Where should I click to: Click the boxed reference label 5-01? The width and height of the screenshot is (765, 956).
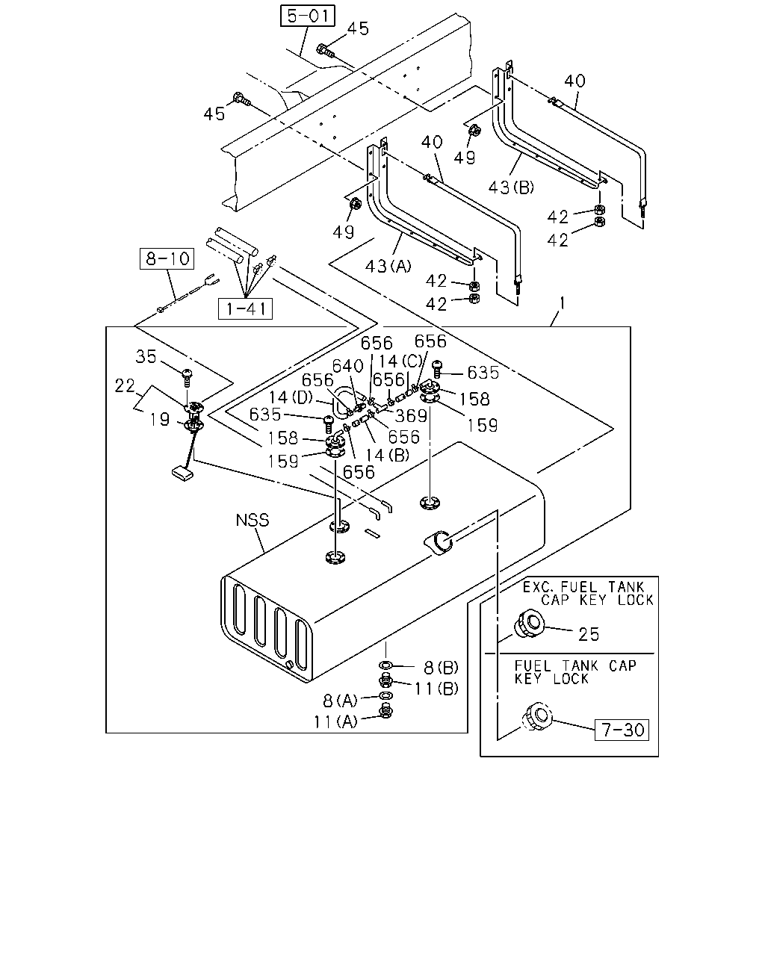pyautogui.click(x=307, y=16)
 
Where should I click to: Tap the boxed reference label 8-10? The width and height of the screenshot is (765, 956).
pyautogui.click(x=167, y=258)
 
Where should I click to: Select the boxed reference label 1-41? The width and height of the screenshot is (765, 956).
pyautogui.click(x=245, y=308)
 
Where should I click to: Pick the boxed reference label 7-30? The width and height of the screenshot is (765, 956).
pyautogui.click(x=622, y=730)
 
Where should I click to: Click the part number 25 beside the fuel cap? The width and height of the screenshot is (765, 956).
pyautogui.click(x=589, y=634)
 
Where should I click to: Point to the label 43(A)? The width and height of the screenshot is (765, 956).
pyautogui.click(x=388, y=266)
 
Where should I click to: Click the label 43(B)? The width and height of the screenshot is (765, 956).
pyautogui.click(x=511, y=187)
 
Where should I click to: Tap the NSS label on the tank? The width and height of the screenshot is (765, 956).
pyautogui.click(x=253, y=520)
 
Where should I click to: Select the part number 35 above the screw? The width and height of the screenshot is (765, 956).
pyautogui.click(x=146, y=356)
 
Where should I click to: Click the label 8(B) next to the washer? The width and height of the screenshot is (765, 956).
pyautogui.click(x=441, y=667)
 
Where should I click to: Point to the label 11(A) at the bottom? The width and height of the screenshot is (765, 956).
pyautogui.click(x=335, y=722)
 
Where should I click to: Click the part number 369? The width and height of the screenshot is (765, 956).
pyautogui.click(x=411, y=416)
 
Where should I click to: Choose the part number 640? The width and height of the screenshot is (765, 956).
pyautogui.click(x=348, y=366)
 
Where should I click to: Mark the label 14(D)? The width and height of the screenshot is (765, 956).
pyautogui.click(x=291, y=397)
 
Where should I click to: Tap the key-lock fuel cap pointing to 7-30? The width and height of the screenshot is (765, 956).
pyautogui.click(x=536, y=716)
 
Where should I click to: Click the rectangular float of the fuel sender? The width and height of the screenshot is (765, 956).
pyautogui.click(x=182, y=473)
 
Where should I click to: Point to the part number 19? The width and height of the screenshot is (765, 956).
pyautogui.click(x=160, y=419)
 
